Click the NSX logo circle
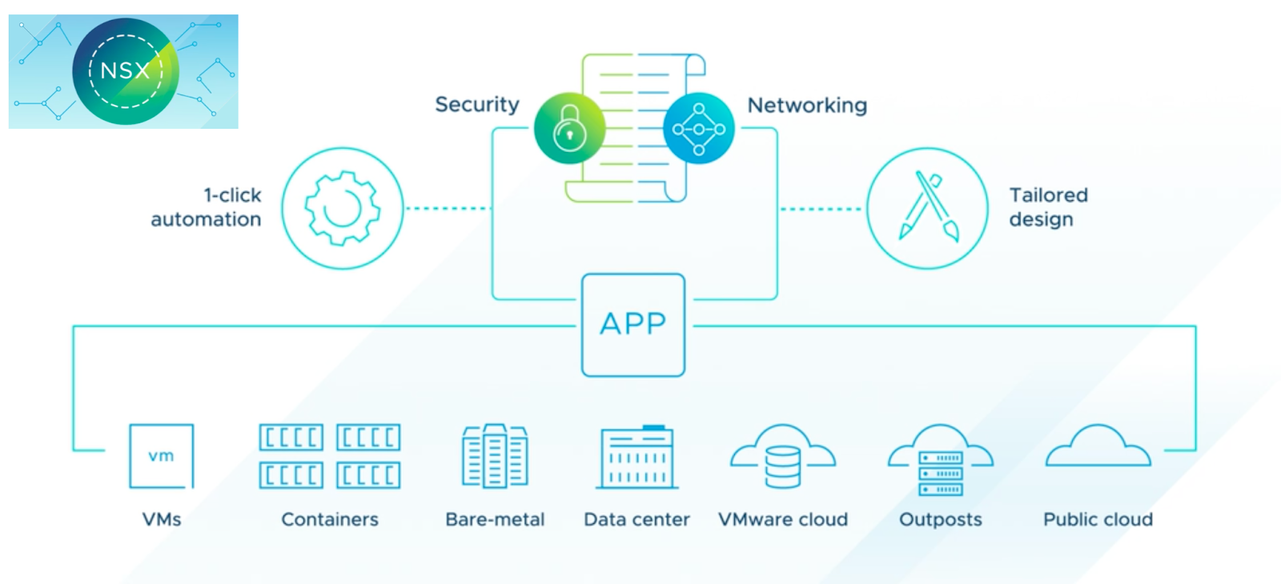pyautogui.click(x=125, y=71)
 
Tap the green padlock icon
pyautogui.click(x=569, y=129)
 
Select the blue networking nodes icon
pyautogui.click(x=698, y=129)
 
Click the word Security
pyautogui.click(x=477, y=105)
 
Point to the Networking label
pyautogui.click(x=807, y=106)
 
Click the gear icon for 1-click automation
pyautogui.click(x=343, y=208)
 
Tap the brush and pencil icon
pyautogui.click(x=928, y=208)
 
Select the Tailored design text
pyautogui.click(x=1048, y=207)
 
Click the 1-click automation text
pyautogui.click(x=207, y=207)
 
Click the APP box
pyautogui.click(x=633, y=325)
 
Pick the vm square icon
pyautogui.click(x=162, y=456)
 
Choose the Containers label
pyautogui.click(x=330, y=520)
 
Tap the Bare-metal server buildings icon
pyautogui.click(x=495, y=456)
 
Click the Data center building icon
pyautogui.click(x=637, y=458)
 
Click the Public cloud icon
pyautogui.click(x=1098, y=448)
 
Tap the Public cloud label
pyautogui.click(x=1098, y=520)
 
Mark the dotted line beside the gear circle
pyautogui.click(x=448, y=209)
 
